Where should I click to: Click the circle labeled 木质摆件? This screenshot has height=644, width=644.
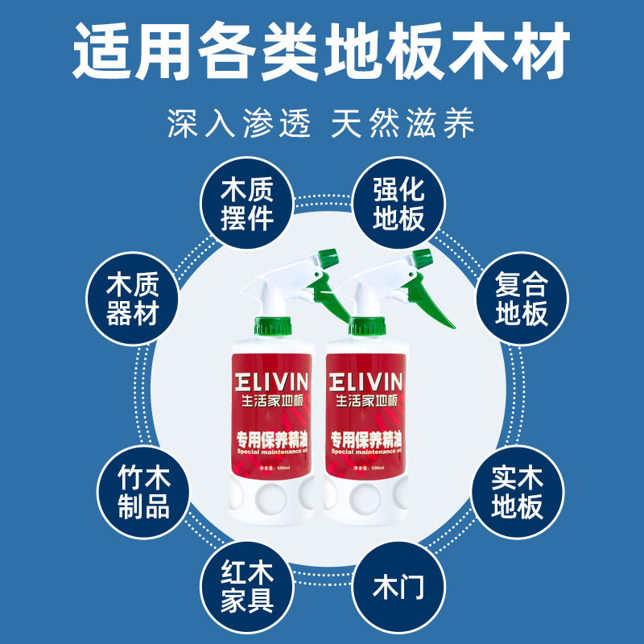(x=247, y=204)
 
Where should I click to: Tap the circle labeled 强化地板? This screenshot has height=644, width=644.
(x=398, y=204)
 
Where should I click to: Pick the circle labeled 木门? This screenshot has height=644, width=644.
(x=398, y=585)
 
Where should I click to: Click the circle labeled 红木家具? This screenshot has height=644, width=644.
(x=247, y=585)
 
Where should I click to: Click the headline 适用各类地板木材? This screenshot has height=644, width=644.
(x=322, y=50)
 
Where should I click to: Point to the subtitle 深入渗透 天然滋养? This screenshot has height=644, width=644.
(x=322, y=123)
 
